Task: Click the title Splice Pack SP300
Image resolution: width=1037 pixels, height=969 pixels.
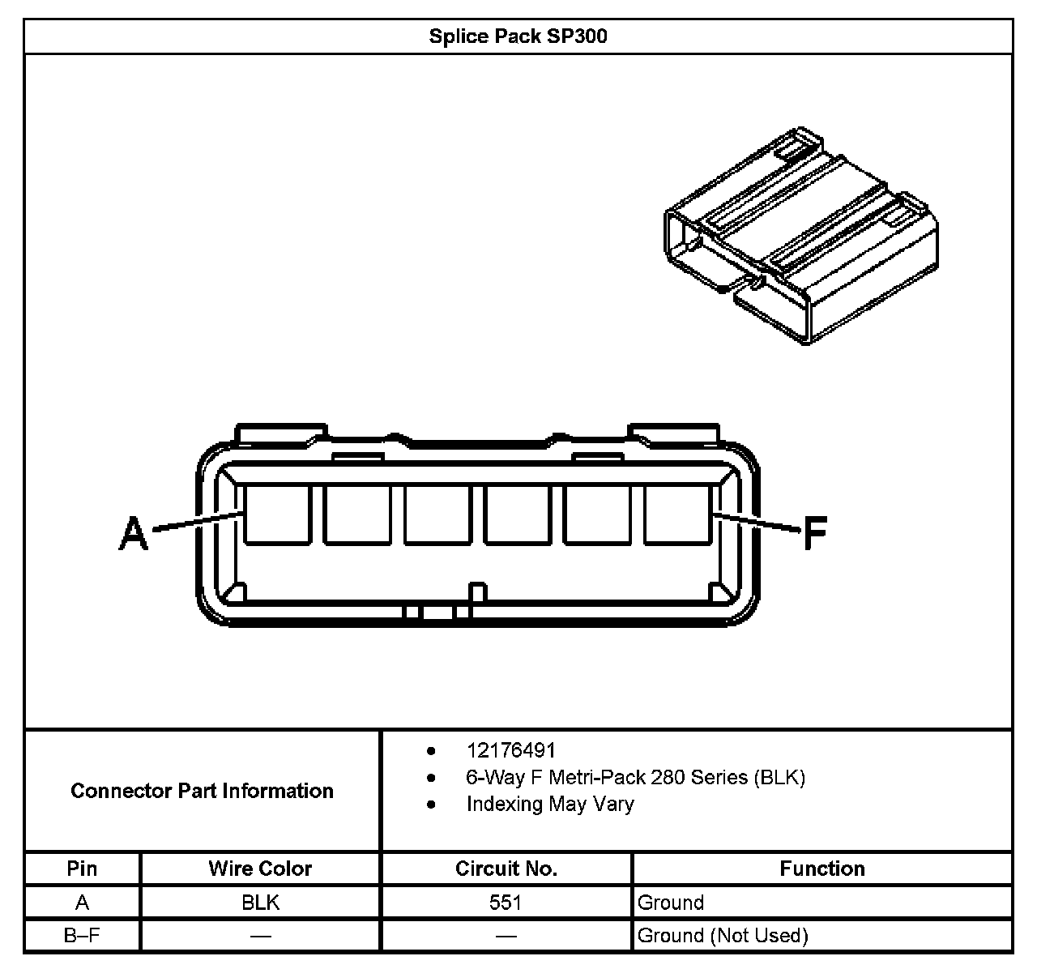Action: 518,37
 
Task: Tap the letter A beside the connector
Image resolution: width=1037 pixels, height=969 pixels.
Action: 134,535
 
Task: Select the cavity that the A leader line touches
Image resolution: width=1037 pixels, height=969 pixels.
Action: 277,514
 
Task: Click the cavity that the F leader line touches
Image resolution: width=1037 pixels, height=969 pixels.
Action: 677,514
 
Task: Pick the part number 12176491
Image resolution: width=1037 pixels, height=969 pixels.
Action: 510,750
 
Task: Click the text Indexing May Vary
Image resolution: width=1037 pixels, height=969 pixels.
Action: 549,804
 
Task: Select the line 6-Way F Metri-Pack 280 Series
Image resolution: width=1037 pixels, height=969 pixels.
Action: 635,777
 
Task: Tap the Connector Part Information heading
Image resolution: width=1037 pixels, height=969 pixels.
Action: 202,791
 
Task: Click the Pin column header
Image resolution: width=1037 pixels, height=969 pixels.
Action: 82,869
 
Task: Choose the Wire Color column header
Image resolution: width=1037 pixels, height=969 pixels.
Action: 260,869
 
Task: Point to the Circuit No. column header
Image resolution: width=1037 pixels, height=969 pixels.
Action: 506,869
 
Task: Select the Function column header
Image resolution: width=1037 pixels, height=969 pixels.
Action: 822,869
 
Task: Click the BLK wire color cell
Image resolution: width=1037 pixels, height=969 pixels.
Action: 260,903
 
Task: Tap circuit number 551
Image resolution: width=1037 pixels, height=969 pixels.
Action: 506,903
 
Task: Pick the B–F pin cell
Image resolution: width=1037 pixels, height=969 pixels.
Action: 82,936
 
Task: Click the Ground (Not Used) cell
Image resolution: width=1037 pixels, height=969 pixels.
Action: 723,936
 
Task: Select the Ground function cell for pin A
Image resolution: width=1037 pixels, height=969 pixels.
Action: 671,903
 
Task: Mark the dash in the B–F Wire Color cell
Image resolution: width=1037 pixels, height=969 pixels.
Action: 260,937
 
